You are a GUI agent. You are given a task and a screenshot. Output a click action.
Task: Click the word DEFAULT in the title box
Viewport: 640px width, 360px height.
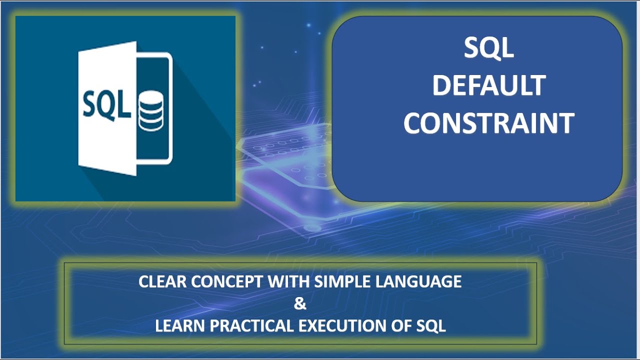coord(488,85)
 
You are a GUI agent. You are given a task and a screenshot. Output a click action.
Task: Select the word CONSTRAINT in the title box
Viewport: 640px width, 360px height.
coord(488,123)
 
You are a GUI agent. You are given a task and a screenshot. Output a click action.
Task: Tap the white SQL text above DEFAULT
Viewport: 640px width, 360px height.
coord(488,48)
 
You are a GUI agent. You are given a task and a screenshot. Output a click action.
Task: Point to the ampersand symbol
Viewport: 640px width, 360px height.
coord(300,304)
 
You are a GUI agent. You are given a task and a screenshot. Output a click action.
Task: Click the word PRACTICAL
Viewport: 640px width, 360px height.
coord(252,326)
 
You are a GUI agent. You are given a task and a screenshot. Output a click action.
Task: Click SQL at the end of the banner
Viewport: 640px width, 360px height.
coord(431,326)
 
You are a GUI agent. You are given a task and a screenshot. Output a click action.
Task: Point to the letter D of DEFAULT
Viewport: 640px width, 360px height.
coord(440,85)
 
